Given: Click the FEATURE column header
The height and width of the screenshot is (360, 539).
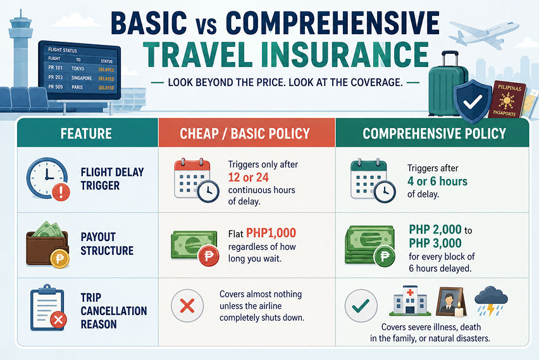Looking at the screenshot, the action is [86, 133].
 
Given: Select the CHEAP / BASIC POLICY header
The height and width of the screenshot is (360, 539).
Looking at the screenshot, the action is [245, 133].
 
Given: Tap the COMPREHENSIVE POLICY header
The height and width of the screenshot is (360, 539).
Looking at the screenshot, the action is [434, 133].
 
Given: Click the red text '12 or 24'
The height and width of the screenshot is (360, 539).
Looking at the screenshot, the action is [248, 177].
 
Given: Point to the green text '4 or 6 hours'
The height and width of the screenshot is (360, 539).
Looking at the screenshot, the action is [437, 181].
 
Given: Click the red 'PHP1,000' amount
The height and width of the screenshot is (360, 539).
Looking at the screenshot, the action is [271, 233].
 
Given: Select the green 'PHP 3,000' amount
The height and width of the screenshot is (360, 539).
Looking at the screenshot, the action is [435, 243].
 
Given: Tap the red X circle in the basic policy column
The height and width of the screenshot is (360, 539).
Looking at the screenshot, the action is [187, 306].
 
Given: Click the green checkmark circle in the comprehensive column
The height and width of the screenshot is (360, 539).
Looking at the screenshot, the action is [361, 306].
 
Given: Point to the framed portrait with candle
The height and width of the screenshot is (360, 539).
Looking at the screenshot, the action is [451, 302].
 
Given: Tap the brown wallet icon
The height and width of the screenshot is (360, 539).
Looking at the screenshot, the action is [47, 244].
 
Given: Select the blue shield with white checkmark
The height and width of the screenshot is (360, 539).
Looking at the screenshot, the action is [473, 101].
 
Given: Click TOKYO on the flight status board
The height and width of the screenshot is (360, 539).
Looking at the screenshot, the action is [78, 68].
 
